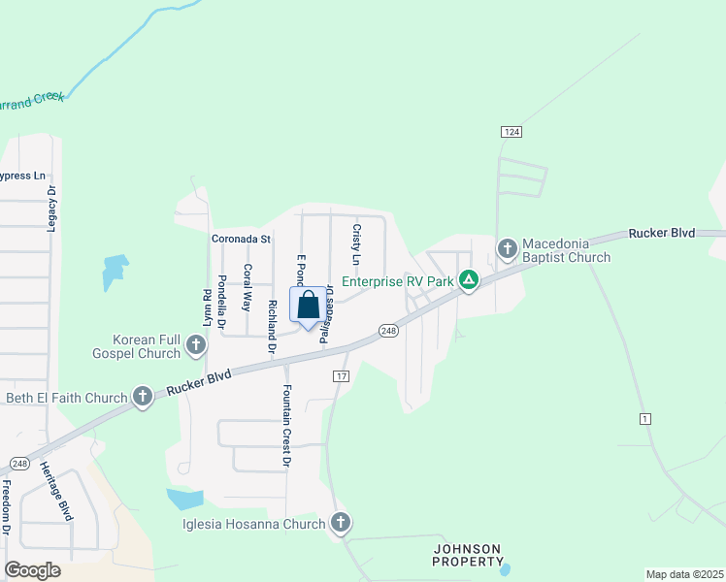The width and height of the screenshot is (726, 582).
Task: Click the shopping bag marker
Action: click(x=308, y=306)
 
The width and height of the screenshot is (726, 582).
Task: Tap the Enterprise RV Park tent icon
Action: click(x=468, y=281)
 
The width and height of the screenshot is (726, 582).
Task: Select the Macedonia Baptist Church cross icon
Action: click(x=507, y=249)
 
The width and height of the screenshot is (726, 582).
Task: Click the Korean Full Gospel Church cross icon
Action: click(x=196, y=344)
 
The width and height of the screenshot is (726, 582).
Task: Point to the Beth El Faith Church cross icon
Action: click(x=143, y=396)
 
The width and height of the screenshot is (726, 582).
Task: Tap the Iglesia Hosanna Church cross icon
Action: click(x=340, y=523)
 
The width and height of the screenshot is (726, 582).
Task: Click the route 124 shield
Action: click(x=512, y=131)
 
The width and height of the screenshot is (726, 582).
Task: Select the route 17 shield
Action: click(x=341, y=375)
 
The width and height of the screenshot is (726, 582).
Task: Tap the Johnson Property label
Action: click(x=469, y=555)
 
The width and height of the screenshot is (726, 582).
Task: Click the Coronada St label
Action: click(x=242, y=239)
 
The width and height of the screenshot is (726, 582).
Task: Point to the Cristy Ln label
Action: click(x=356, y=244)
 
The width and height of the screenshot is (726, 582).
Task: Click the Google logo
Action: click(x=32, y=570)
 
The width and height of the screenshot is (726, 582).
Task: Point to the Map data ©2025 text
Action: click(x=683, y=574)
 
